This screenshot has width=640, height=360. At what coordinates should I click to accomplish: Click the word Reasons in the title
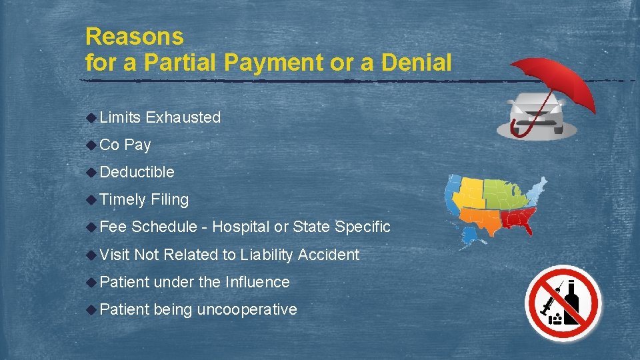[135, 36]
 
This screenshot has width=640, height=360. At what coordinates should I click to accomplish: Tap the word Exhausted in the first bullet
[183, 117]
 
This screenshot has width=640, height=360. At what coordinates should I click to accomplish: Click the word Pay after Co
[137, 145]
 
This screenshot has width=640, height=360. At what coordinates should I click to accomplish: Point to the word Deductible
[137, 172]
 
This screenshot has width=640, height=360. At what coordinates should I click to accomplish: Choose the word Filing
[170, 199]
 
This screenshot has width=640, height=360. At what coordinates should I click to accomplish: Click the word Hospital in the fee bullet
[241, 227]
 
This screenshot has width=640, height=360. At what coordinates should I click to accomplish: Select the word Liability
[267, 254]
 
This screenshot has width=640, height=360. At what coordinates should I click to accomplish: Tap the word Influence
[257, 282]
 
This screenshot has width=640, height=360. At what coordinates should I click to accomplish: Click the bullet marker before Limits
[91, 117]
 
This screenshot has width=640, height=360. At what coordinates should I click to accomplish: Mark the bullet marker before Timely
[91, 199]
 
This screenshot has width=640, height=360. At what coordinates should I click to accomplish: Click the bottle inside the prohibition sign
[571, 307]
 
